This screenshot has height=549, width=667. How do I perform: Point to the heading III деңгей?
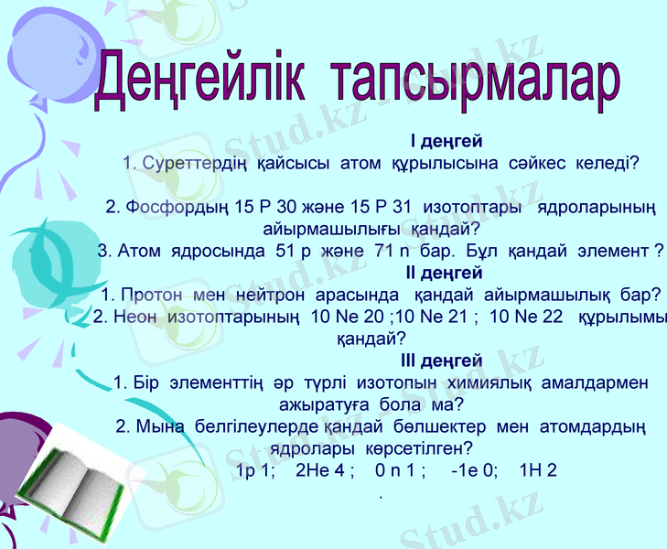(x=442, y=361)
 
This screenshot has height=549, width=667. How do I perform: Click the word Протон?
(x=152, y=295)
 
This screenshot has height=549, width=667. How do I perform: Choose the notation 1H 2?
(x=537, y=471)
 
